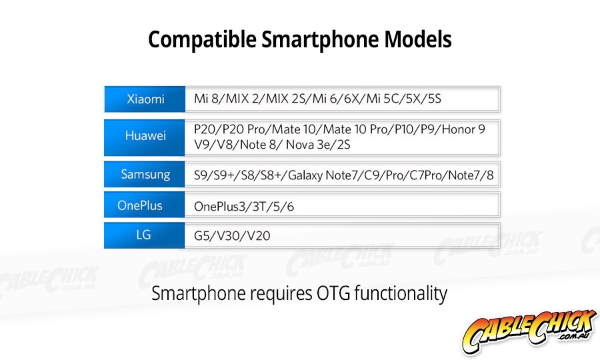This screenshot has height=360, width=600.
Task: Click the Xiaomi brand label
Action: point(145,99)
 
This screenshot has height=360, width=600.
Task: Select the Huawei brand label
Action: point(145,135)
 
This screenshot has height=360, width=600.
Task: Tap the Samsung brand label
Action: point(145,175)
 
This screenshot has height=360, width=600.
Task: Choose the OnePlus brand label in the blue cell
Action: point(140,205)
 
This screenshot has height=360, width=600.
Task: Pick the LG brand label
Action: point(143,235)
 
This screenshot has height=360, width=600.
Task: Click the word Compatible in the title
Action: point(203,39)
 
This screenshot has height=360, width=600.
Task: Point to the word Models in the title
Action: point(418,39)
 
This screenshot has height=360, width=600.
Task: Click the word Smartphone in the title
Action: point(320,39)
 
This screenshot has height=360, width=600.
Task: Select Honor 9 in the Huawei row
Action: point(463,129)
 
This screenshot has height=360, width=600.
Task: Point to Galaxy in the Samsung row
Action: point(305,175)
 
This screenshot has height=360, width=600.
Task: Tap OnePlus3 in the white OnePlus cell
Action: point(219,207)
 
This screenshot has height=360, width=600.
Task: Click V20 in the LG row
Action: point(259,235)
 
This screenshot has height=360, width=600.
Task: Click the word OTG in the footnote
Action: point(333,293)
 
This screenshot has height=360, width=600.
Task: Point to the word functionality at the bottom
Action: point(401,294)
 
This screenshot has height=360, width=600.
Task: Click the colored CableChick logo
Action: point(529,331)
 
